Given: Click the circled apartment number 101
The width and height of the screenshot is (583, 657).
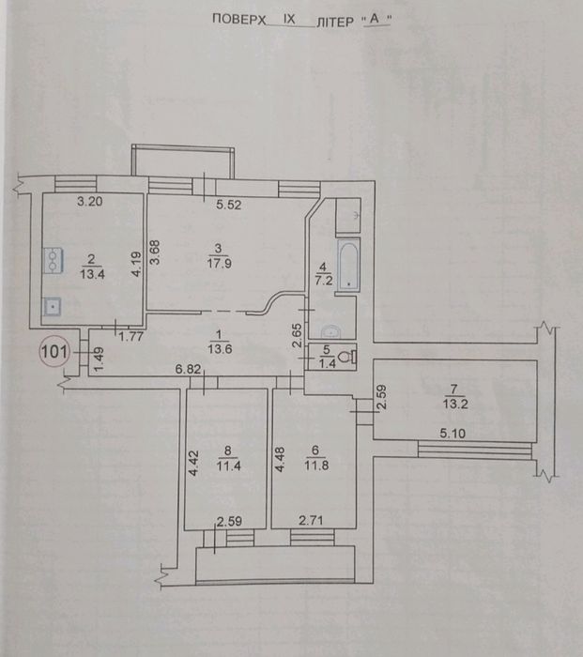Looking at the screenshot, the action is (x=54, y=353).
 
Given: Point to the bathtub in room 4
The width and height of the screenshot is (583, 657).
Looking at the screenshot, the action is (x=348, y=265).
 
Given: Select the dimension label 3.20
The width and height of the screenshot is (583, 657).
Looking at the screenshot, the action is (x=88, y=200).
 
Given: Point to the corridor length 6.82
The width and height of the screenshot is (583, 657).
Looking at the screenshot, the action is (x=187, y=371).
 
